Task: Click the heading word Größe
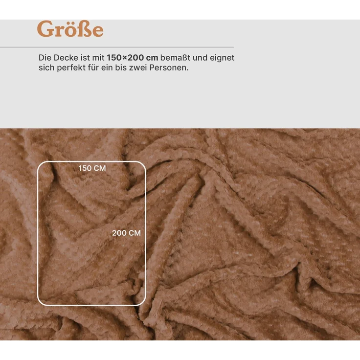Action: (x=70, y=29)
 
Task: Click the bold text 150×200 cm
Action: (x=133, y=58)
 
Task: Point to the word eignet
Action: (x=223, y=58)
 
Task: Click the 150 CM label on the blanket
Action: (x=92, y=168)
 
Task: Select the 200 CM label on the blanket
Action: (x=126, y=233)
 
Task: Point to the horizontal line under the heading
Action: (x=117, y=47)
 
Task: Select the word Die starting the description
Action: (x=44, y=58)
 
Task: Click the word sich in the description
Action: (x=45, y=68)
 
